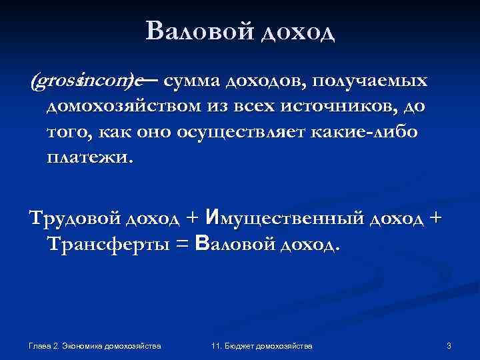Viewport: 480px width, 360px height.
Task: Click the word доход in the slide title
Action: [297, 31]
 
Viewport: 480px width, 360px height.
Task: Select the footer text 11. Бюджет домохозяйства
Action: [261, 345]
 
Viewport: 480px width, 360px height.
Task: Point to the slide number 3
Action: [449, 345]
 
